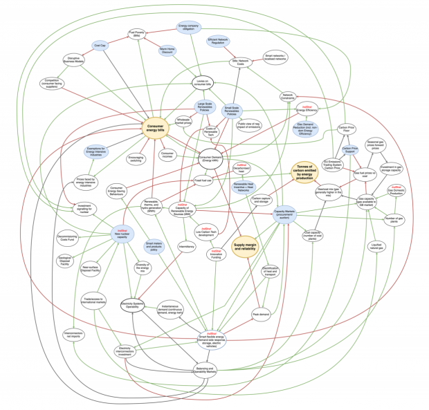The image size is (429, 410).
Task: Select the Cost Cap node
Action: (99, 45)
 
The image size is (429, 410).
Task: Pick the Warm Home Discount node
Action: (166, 50)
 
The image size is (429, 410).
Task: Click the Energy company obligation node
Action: (190, 27)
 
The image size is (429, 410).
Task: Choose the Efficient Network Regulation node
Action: (219, 42)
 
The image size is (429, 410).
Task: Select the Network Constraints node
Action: (289, 96)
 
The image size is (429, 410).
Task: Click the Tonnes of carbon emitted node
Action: (308, 170)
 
